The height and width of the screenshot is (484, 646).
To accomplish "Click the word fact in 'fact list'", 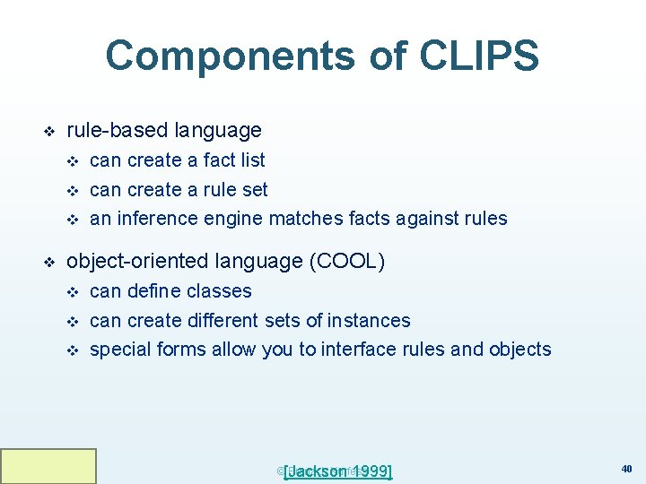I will coord(222,160).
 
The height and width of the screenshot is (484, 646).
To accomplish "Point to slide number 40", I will coord(625,468).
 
